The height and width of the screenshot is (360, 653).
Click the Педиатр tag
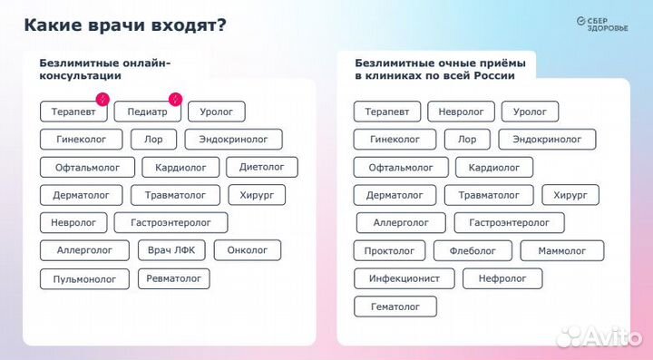coord(146,112)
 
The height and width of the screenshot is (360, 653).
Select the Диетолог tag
coord(261,167)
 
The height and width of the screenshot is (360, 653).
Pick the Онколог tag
coord(247,250)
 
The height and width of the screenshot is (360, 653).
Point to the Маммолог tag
coord(562,251)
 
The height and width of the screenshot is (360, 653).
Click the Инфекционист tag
coord(403,279)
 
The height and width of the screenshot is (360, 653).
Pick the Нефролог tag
coord(502,279)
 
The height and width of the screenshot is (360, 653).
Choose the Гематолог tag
coord(395,307)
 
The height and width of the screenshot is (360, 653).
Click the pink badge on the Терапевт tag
coord(103,98)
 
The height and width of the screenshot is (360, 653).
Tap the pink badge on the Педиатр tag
coord(176,98)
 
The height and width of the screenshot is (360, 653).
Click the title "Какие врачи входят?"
coord(125,24)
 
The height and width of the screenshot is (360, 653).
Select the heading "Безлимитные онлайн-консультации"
coord(104,70)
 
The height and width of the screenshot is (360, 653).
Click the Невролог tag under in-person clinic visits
coord(461,112)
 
